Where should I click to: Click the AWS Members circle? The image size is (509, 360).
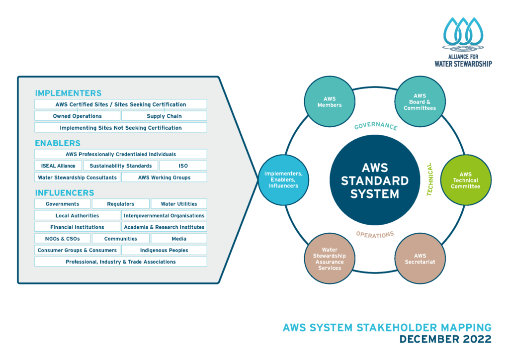click(329, 101)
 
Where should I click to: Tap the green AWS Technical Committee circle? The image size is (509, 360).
click(466, 180)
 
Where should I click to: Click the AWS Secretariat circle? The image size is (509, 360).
click(420, 259)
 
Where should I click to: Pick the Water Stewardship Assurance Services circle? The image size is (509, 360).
click(329, 259)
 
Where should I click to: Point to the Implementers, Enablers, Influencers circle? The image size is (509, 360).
click(283, 180)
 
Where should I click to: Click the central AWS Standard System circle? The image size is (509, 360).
click(374, 180)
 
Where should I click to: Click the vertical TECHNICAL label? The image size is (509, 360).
click(430, 180)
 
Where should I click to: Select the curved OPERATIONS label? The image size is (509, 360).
click(375, 234)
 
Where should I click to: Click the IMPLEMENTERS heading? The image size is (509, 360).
click(68, 93)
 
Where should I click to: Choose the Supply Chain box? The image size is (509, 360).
click(164, 116)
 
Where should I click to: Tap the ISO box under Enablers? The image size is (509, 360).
click(183, 166)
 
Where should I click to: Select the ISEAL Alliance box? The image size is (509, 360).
click(59, 166)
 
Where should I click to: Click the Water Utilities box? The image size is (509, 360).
click(178, 204)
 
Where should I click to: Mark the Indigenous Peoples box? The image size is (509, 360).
click(164, 250)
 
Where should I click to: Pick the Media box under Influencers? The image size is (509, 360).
click(178, 239)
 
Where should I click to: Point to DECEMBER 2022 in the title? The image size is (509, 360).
click(445, 339)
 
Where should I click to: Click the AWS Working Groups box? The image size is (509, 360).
click(164, 178)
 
